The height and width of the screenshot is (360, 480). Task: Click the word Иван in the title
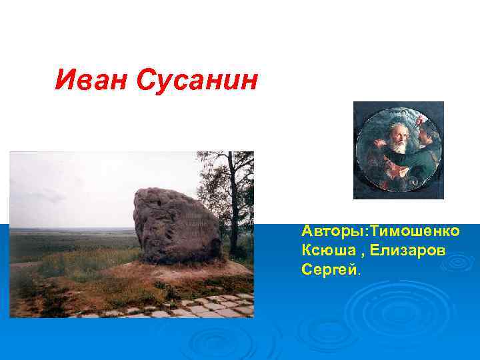[x=92, y=81]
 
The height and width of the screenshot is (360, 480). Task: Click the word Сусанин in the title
[x=196, y=81]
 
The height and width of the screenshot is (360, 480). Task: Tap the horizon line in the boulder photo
[x=73, y=229]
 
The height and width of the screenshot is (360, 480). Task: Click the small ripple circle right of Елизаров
[x=459, y=261]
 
